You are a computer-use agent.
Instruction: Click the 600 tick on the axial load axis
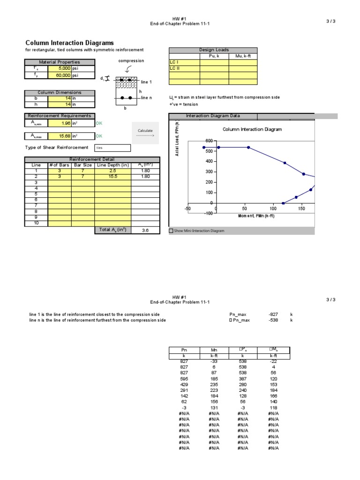209,141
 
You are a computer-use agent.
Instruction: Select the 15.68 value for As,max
61,136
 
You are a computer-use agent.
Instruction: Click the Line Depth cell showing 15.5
112,177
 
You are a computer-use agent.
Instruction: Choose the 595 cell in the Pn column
184,378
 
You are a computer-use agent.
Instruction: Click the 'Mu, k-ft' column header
243,56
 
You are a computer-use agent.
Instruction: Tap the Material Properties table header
60,62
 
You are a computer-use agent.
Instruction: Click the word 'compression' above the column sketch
131,60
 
